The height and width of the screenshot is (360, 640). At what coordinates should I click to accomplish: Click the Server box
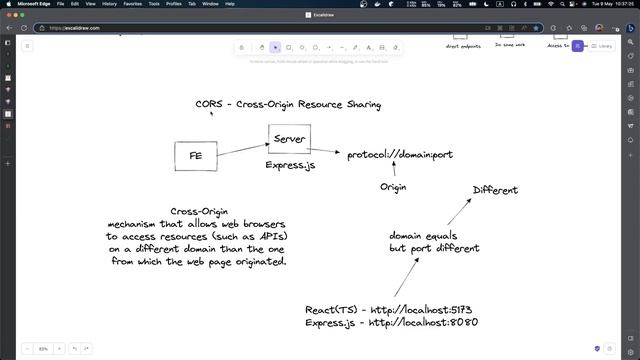[289, 138]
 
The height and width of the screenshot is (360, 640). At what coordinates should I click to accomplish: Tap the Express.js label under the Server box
[290, 165]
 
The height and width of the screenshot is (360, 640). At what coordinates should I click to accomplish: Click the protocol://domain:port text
[400, 155]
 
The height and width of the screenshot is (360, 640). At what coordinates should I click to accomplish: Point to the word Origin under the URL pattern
[395, 187]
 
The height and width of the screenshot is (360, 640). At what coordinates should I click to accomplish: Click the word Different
[495, 190]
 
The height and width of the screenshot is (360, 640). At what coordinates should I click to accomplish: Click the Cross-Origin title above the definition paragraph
[199, 211]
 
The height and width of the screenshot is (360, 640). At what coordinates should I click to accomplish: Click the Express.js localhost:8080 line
[392, 323]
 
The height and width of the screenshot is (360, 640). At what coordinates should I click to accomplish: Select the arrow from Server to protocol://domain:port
[325, 151]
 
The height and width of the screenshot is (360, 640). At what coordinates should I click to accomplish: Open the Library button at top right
[601, 46]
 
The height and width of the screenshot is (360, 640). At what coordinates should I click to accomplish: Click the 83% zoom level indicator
[43, 348]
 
